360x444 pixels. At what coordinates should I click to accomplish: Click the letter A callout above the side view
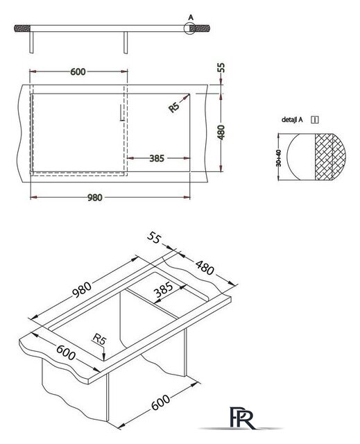191,17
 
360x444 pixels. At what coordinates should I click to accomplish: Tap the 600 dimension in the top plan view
78,72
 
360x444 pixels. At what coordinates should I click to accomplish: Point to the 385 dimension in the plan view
157,158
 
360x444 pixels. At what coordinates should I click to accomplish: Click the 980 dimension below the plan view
94,198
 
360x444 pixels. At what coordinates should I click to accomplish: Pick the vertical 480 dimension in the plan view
221,132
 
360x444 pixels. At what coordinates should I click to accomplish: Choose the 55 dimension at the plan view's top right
221,68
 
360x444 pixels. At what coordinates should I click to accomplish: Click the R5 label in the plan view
174,108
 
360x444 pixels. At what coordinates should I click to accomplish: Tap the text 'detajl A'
292,120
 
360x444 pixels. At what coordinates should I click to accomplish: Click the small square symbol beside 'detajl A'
315,120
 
